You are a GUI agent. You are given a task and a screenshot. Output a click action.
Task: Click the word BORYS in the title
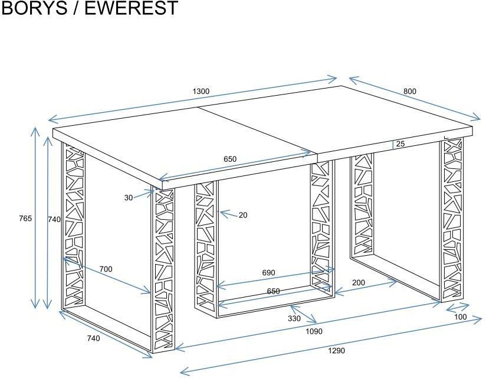tap(34, 8)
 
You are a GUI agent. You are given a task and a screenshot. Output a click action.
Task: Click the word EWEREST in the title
tap(132, 8)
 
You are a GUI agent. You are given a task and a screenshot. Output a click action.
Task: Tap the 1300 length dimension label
tap(201, 91)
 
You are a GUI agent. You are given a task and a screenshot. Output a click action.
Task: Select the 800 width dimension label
tap(410, 91)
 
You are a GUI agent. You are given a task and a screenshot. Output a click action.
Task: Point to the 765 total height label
tap(25, 219)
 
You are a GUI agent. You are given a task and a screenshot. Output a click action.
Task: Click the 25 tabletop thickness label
tap(400, 144)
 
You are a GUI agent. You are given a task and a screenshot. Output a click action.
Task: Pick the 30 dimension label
tap(129, 198)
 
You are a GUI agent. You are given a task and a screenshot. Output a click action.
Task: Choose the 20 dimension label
tap(243, 215)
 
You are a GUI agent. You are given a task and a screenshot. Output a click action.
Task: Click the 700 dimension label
tap(106, 269)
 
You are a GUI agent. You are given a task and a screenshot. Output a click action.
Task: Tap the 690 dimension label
tap(268, 273)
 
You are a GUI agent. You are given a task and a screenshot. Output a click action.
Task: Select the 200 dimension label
tap(358, 283)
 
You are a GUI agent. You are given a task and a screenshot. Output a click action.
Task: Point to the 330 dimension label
tap(294, 319)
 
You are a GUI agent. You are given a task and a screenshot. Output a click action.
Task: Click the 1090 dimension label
tap(314, 331)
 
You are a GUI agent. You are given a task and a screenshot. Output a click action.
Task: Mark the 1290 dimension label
tap(336, 351)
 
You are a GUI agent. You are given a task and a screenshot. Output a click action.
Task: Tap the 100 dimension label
tap(460, 317)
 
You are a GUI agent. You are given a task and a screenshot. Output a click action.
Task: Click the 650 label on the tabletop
tap(230, 159)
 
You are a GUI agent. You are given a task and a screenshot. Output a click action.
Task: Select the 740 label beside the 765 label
tap(54, 219)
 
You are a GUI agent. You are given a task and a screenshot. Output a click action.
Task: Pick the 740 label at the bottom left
tap(93, 338)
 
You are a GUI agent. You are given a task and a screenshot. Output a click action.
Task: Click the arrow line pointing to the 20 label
tap(228, 214)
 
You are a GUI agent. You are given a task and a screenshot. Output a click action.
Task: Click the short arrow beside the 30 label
tap(145, 194)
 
